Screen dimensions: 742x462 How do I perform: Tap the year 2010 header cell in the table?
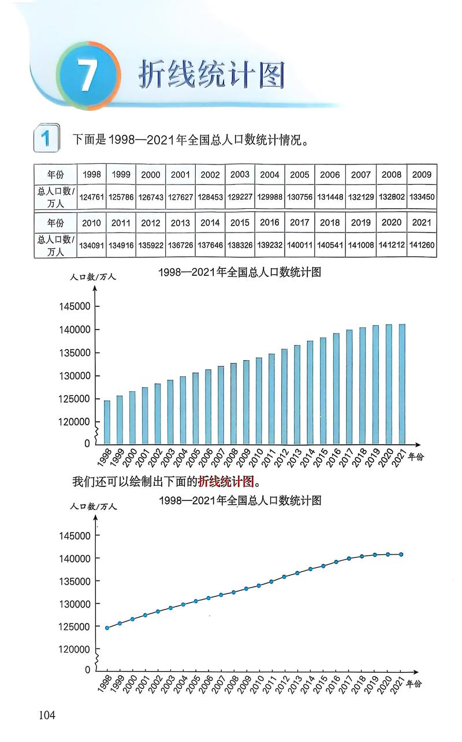point(92,223)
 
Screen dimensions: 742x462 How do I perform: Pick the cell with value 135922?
point(151,245)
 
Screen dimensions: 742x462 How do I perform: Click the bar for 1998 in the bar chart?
point(107,422)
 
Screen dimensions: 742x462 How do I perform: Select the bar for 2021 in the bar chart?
point(401,384)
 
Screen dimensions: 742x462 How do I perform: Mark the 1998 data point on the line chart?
point(107,628)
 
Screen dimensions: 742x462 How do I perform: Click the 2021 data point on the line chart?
point(401,554)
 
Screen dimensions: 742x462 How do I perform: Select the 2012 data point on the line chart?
point(284,577)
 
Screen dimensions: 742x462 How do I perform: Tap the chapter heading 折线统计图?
point(211,75)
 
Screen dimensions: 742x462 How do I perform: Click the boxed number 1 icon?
point(46,138)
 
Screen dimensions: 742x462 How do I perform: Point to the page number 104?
point(47,715)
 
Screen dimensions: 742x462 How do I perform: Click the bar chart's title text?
point(239,273)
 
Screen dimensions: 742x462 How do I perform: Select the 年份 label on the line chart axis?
point(414,683)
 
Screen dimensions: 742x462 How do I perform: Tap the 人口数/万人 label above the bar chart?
point(93,276)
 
